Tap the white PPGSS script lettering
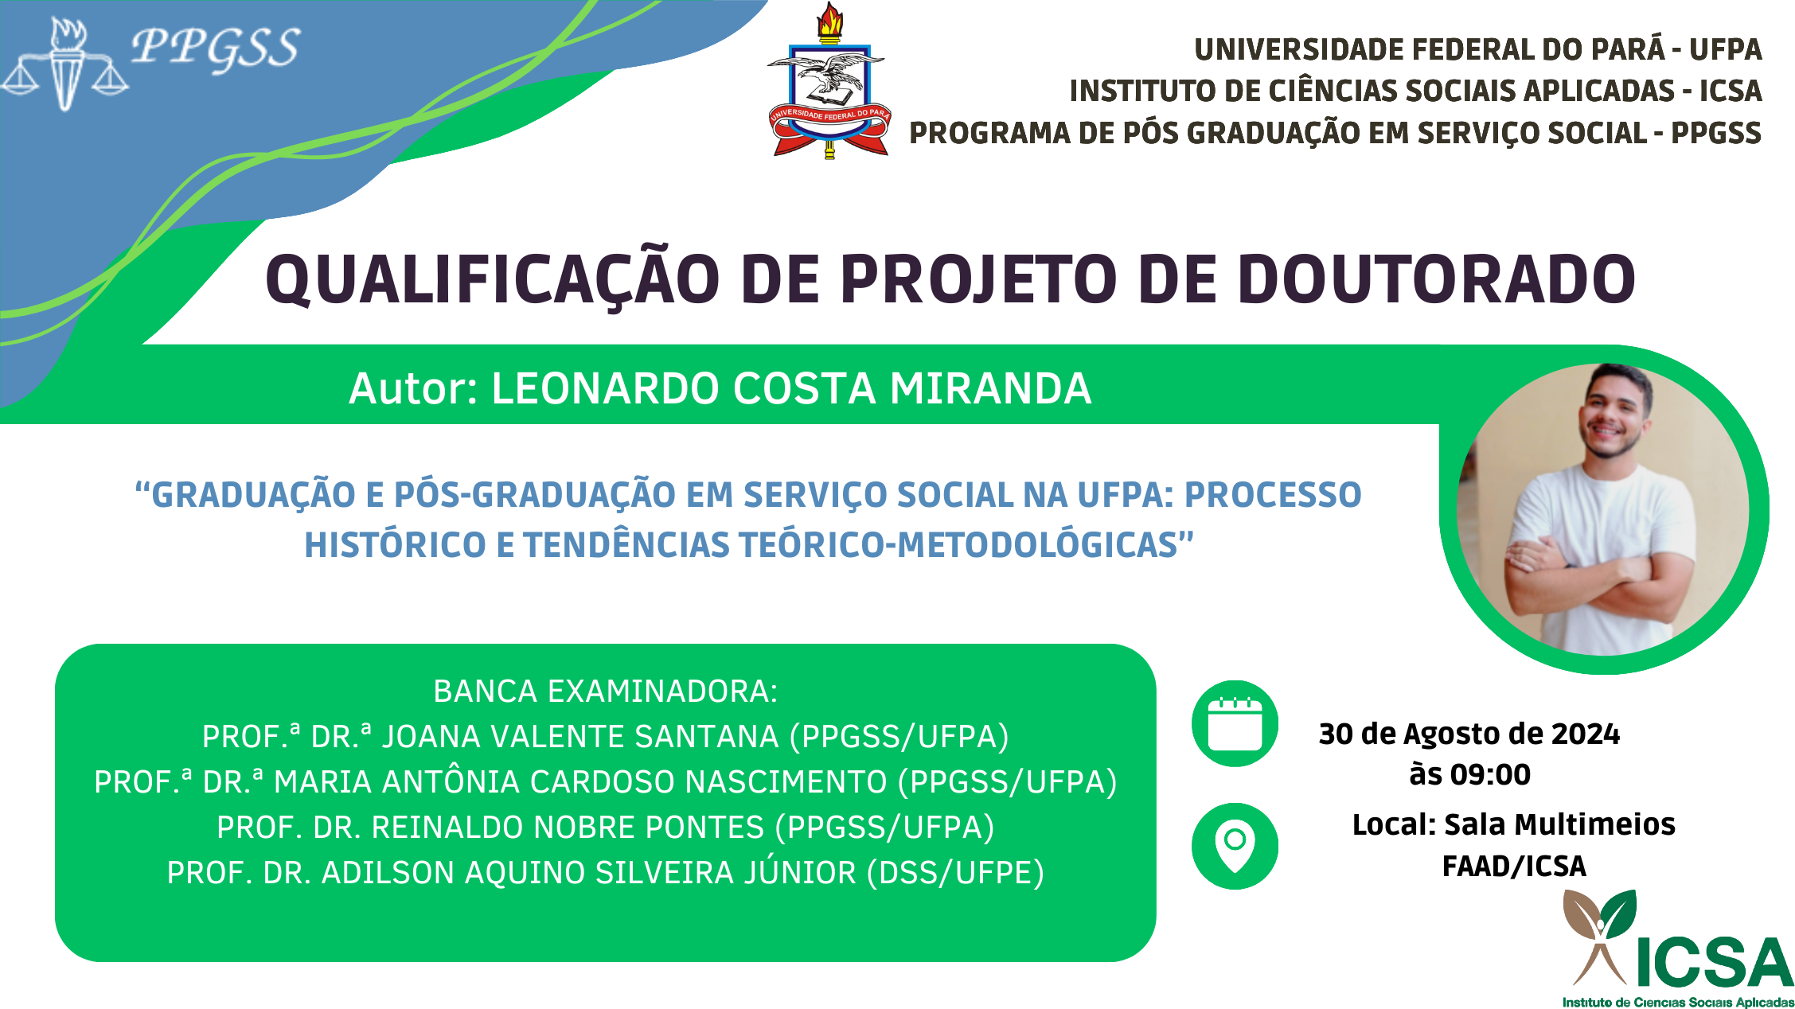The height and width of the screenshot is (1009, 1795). point(216,48)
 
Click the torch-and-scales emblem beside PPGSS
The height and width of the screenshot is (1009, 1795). point(64,64)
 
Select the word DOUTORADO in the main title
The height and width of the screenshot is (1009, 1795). point(1436,279)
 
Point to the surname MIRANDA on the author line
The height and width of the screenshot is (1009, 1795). point(990,389)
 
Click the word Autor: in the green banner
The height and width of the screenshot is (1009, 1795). point(413,389)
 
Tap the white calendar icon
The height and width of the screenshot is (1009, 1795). point(1235,723)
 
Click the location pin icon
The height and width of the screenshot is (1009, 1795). point(1235,846)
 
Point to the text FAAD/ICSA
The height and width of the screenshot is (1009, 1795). point(1514,866)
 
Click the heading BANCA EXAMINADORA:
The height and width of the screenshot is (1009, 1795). point(606,691)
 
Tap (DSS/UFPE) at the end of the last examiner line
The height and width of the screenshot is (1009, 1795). point(955,873)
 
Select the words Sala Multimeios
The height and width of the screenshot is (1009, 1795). point(1560,824)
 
